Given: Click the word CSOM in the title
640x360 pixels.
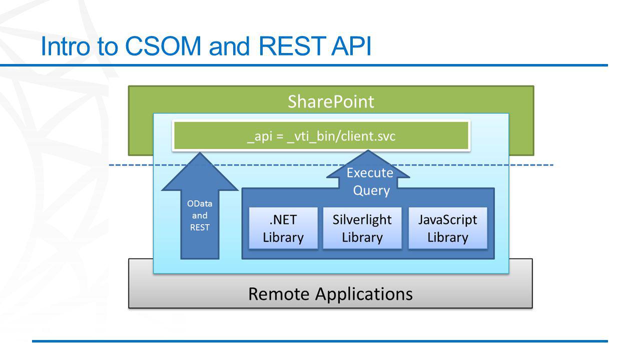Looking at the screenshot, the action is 163,46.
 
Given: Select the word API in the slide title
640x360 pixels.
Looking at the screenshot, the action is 351,46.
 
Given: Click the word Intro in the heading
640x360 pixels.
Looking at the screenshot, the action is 66,46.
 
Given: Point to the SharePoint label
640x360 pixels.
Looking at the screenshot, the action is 331,101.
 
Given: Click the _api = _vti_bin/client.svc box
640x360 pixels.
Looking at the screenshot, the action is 321,135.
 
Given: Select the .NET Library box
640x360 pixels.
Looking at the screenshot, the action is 283,228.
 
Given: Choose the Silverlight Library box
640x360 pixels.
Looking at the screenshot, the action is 362,228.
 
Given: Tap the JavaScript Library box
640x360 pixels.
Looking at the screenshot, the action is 448,228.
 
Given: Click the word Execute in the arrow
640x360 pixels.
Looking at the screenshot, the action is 370,172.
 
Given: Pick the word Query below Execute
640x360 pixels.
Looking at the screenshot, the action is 371,190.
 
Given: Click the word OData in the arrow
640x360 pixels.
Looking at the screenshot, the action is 200,203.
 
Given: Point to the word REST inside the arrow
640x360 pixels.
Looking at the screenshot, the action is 200,227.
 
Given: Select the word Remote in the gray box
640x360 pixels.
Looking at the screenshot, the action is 279,294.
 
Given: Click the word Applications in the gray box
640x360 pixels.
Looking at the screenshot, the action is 364,294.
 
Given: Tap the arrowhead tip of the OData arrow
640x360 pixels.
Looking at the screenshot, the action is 200,152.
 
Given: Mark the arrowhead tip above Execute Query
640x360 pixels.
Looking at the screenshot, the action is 368,150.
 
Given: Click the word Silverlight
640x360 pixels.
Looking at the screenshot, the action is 362,219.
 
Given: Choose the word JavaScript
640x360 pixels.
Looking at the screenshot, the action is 448,220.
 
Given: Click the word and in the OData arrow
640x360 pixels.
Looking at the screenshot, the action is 200,215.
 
